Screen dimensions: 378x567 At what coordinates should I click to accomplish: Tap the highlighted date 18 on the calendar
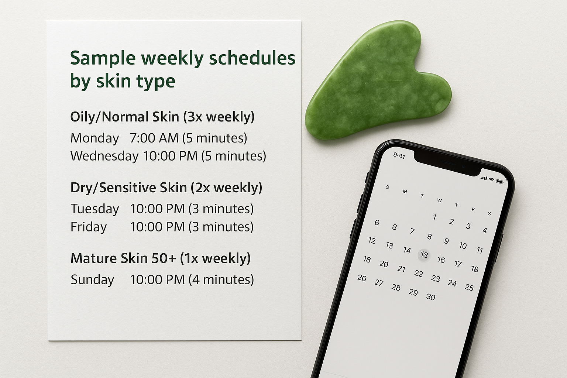pos(424,255)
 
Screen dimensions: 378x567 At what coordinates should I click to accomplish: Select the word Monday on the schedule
pos(94,138)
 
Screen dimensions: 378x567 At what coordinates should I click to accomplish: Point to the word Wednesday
pos(104,156)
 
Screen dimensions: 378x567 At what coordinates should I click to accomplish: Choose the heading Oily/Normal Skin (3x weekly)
pos(162,117)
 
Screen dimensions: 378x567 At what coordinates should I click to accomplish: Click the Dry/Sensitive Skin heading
pos(166,188)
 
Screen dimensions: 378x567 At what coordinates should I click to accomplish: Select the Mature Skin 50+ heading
pos(160,258)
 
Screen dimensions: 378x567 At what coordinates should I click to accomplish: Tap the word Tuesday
pos(94,209)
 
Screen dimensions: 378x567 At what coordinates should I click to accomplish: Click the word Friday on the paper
pos(88,227)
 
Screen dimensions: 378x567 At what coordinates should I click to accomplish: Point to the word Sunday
pos(92,280)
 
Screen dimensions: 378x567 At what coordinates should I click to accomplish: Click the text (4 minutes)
pos(221,280)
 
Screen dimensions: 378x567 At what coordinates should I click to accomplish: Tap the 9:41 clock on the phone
pos(399,156)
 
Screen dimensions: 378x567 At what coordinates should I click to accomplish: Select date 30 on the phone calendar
pos(430,297)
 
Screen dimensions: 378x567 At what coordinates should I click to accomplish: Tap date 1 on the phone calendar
pos(434,217)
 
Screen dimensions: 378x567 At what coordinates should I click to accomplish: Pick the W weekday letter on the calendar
pos(439,200)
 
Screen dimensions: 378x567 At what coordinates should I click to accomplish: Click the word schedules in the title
pos(252,58)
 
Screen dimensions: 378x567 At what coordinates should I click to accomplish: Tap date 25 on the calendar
pos(469,287)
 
